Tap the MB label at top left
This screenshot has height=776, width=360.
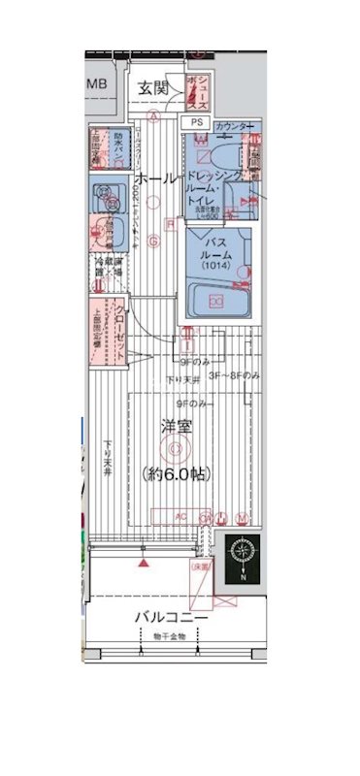pos(98,84)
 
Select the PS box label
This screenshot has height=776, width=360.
pos(196,123)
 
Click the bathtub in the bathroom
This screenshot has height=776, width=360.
pos(214,300)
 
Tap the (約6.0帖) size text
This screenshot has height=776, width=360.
pos(176,473)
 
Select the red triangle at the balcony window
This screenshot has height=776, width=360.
pos(144,562)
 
